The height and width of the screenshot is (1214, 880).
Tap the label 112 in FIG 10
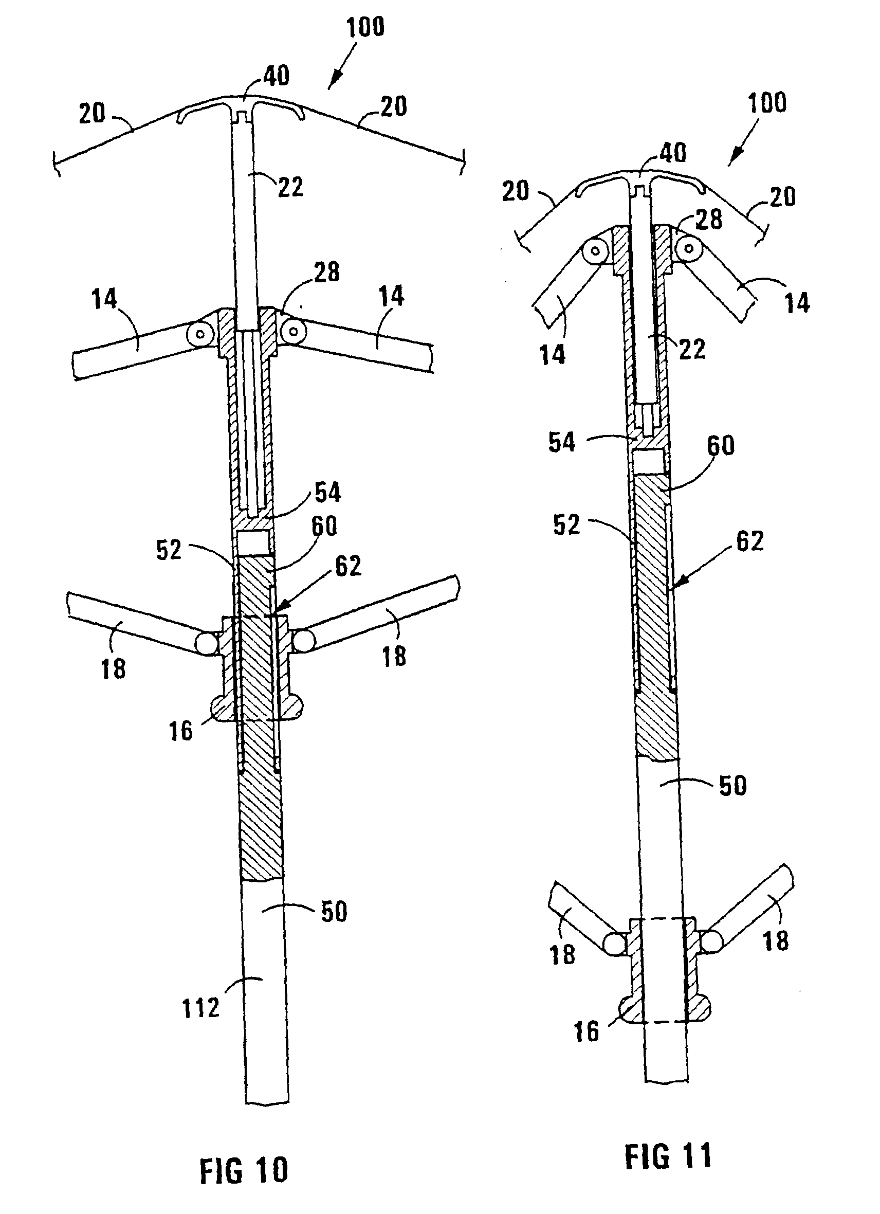click(201, 1008)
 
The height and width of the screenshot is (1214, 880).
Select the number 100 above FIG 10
click(365, 27)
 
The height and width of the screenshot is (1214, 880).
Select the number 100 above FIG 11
click(767, 103)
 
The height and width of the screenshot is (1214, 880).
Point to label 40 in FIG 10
click(277, 76)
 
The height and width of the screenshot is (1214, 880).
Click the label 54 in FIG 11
click(562, 443)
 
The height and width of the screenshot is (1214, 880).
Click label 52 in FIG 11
click(566, 525)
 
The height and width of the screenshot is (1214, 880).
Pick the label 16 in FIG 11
click(586, 1031)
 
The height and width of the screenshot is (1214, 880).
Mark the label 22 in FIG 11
click(692, 350)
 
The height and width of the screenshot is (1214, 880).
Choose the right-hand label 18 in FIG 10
click(394, 656)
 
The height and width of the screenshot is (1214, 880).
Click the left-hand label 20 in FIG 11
click(515, 191)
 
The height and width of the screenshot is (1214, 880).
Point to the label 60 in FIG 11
click(721, 445)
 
